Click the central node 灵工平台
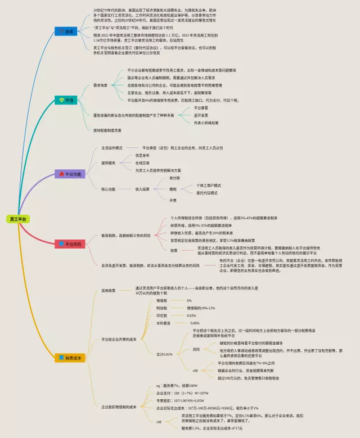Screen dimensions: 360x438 (19, 218)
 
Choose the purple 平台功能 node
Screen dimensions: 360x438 (70, 174)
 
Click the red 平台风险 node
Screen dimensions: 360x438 (70, 244)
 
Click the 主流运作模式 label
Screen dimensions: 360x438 (111, 148)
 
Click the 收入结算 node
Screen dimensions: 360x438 (142, 189)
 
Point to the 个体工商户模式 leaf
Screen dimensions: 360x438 (208, 185)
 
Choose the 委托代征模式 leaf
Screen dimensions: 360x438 (206, 193)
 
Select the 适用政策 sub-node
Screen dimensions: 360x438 (108, 291)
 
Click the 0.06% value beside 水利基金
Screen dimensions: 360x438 (195, 323)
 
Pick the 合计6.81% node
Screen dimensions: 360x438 (164, 354)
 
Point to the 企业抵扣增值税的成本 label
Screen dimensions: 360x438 (119, 407)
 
